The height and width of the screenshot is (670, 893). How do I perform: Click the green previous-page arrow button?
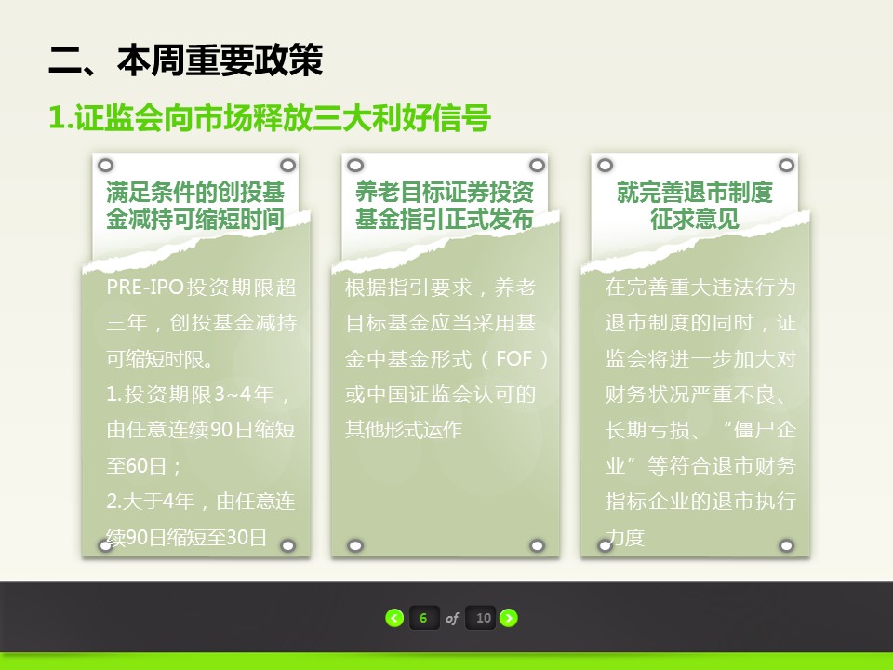click(394, 618)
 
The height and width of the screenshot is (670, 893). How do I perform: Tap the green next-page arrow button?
click(509, 618)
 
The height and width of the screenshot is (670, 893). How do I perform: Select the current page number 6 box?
click(424, 618)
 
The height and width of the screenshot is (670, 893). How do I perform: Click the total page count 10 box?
click(483, 618)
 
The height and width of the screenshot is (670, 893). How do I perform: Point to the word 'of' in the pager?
click(452, 618)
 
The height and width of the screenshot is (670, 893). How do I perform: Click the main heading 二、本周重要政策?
click(186, 60)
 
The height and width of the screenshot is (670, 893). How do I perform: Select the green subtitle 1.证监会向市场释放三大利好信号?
click(270, 118)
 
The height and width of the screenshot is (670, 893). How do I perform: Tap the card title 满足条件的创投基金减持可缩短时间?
click(195, 205)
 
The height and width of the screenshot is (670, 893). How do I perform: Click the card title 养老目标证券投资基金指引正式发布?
click(445, 205)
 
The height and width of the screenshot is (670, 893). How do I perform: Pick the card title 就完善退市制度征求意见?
click(694, 205)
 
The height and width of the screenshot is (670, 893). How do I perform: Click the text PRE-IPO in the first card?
click(144, 287)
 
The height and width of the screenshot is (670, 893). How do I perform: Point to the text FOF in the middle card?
click(513, 359)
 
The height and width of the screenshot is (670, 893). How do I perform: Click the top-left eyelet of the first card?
click(105, 166)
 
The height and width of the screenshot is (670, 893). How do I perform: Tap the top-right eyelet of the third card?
click(787, 166)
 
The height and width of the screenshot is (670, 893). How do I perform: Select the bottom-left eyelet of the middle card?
click(354, 546)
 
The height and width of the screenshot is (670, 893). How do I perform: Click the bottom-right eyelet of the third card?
click(787, 546)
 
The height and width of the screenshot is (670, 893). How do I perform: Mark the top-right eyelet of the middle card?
click(537, 166)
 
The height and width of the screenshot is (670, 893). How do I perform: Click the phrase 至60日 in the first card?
click(137, 466)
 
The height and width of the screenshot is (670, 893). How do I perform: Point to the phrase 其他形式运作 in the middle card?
click(403, 430)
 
